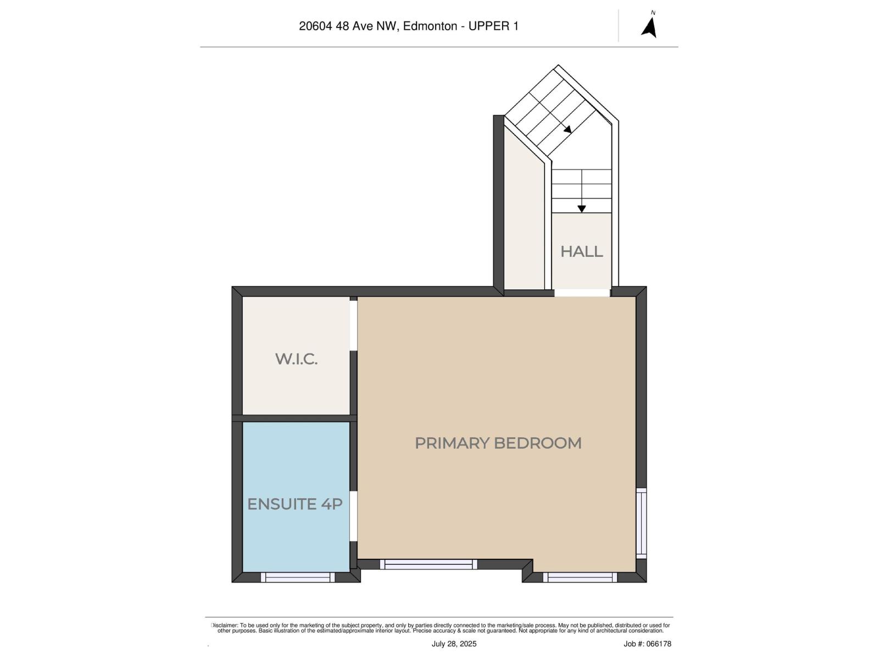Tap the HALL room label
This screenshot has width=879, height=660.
[x=581, y=251]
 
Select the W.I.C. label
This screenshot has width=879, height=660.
[x=296, y=359]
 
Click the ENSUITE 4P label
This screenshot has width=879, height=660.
[x=295, y=504]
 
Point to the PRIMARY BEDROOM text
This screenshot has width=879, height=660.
[x=498, y=443]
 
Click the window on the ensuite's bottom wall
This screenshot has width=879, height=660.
[x=297, y=577]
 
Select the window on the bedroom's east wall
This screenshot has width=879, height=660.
[x=641, y=523]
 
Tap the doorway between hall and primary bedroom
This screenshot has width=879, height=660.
[x=582, y=293]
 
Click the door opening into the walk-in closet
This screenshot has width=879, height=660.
[x=353, y=325]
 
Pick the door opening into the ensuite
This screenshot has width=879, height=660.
[x=353, y=516]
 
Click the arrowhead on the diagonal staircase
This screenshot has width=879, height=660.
[x=568, y=130]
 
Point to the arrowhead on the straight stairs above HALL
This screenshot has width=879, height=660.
[x=581, y=209]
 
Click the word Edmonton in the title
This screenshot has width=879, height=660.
[x=430, y=26]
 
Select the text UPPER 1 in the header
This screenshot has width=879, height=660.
[x=493, y=26]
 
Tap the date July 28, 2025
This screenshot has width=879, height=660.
[x=454, y=643]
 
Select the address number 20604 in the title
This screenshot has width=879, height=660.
[x=316, y=26]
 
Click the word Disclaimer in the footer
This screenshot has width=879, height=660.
[x=224, y=625]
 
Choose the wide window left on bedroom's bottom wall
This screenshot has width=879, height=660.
[x=429, y=564]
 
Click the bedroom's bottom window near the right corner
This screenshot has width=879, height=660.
[x=580, y=577]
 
